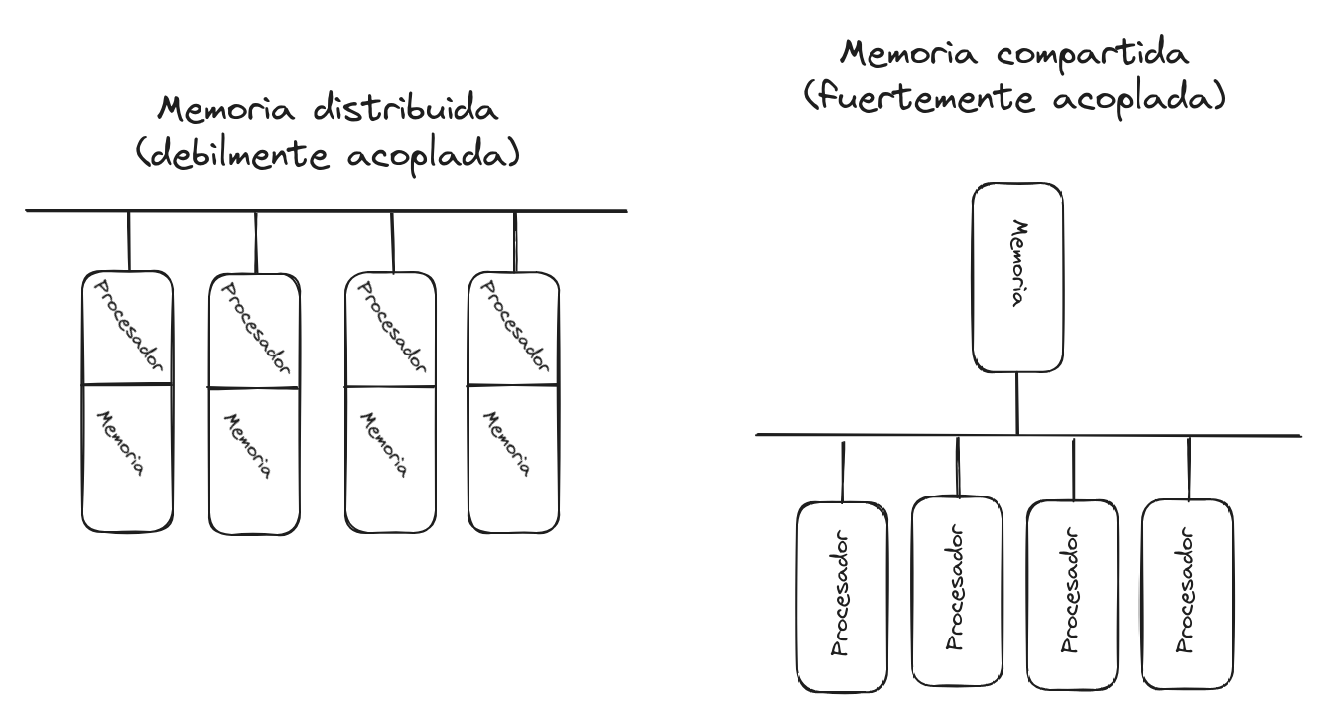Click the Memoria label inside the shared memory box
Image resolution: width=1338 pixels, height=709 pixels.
click(1017, 264)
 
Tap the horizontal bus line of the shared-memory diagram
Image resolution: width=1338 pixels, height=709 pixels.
click(1027, 435)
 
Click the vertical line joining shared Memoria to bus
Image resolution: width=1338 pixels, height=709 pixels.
click(1017, 404)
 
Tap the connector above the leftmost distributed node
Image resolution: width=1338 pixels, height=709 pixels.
click(128, 240)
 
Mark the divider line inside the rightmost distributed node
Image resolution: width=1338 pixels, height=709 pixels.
click(513, 384)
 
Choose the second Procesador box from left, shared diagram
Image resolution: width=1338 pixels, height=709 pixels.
click(956, 592)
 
